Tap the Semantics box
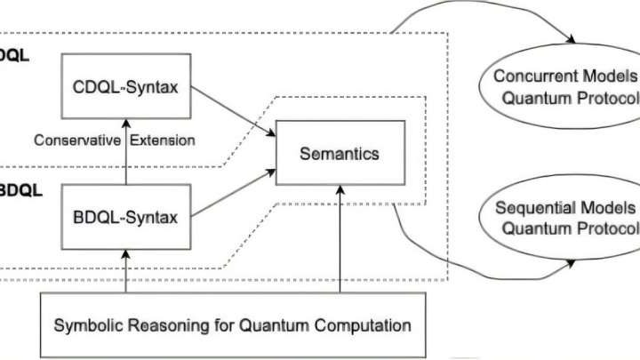coord(338,153)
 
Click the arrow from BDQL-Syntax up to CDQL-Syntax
coord(126,151)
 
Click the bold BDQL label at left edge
coord(16,189)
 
